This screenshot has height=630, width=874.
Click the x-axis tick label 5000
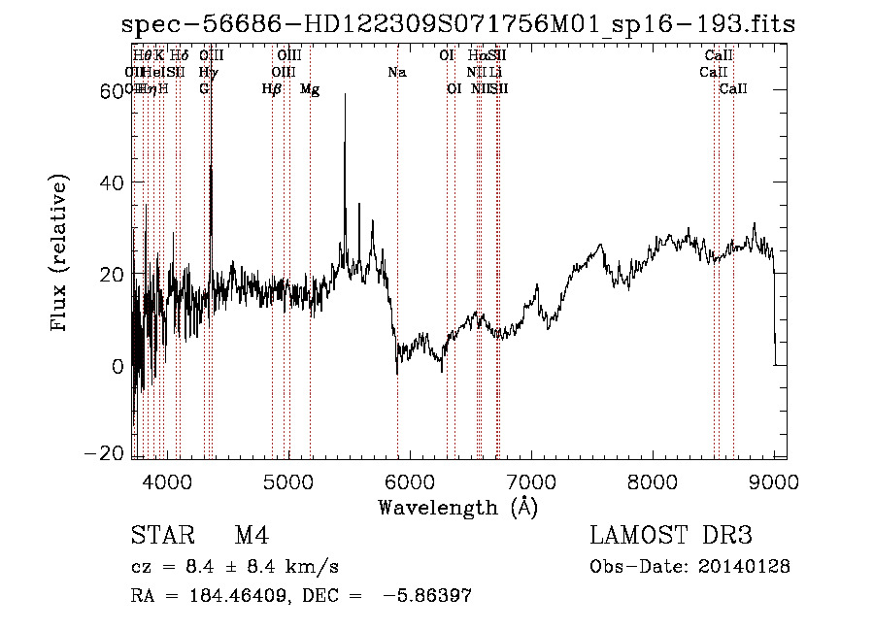(288, 481)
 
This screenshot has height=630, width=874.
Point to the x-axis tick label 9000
(774, 481)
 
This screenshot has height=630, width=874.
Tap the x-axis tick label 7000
(531, 481)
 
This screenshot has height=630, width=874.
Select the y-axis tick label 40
(115, 182)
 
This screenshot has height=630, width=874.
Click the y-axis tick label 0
(119, 367)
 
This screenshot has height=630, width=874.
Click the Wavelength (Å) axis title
(457, 506)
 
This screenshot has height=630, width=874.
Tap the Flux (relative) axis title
(60, 254)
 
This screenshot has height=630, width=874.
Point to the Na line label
(396, 72)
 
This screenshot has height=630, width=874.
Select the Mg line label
(310, 89)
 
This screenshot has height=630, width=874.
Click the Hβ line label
(272, 89)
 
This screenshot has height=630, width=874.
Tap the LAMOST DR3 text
(670, 536)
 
